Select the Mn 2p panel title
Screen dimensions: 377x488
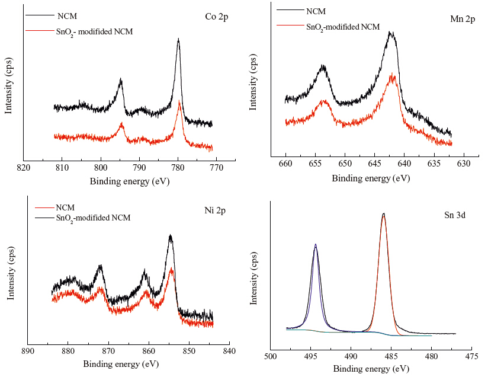463,20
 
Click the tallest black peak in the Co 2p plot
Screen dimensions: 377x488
178,40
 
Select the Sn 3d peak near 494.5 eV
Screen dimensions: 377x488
315,245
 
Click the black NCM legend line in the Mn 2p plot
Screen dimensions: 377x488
288,11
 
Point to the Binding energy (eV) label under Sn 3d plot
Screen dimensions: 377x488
371,368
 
